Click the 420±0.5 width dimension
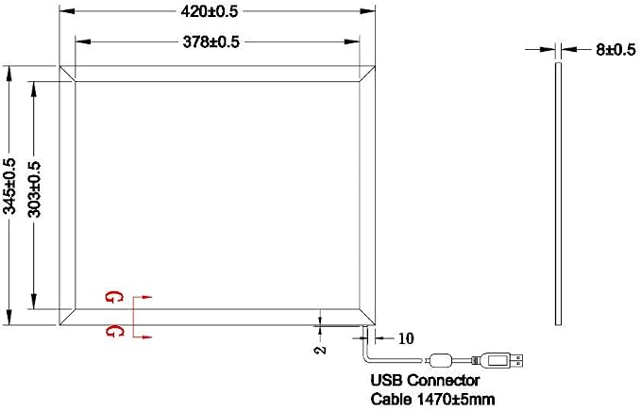click(209, 11)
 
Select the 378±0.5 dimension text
click(211, 42)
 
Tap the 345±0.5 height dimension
click(9, 186)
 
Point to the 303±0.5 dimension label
click(35, 189)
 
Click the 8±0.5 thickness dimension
click(616, 49)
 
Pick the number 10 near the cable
click(406, 338)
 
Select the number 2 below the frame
click(322, 350)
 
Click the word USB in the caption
click(387, 380)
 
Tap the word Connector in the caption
click(444, 380)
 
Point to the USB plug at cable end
click(502, 360)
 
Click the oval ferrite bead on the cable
click(440, 360)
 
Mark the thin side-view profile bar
click(558, 194)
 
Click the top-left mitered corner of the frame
click(67, 74)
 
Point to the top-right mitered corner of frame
click(367, 74)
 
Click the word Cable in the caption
click(391, 398)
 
